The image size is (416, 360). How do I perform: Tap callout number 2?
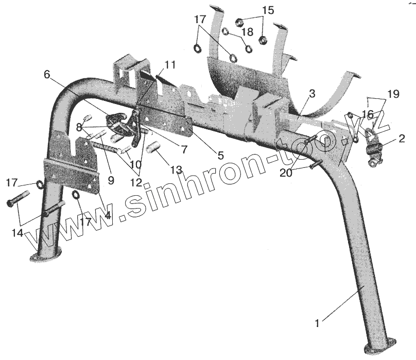pyautogui.click(x=402, y=139)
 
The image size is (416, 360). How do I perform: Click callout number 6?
pyautogui.click(x=47, y=75)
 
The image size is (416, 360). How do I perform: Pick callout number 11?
pyautogui.click(x=170, y=65)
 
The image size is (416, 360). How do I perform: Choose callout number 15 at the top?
pyautogui.click(x=268, y=10)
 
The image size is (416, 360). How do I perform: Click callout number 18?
pyautogui.click(x=247, y=32)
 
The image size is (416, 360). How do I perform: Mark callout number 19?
pyautogui.click(x=393, y=94)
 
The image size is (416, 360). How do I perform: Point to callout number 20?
pyautogui.click(x=285, y=174)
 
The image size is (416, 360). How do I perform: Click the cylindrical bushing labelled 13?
pyautogui.click(x=153, y=149)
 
